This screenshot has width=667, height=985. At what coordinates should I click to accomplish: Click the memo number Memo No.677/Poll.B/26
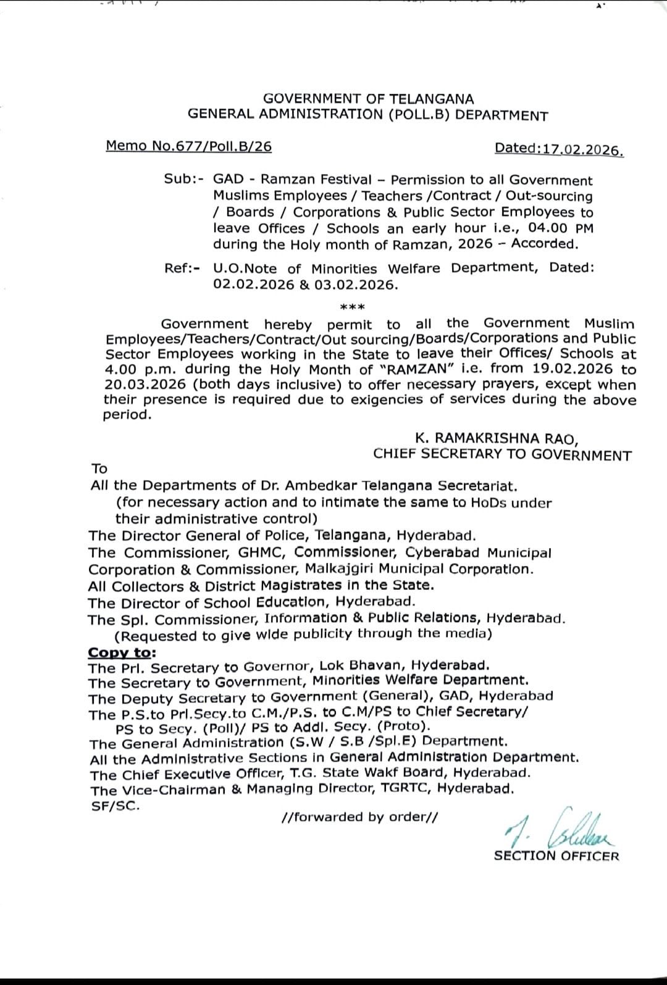click(x=188, y=146)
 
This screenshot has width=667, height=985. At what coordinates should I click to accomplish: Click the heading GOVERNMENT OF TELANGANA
click(x=369, y=99)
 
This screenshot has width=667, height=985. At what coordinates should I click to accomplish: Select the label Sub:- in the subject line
click(x=183, y=179)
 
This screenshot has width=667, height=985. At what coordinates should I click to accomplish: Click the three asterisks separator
click(x=353, y=307)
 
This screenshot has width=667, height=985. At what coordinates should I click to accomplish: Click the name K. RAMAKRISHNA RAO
click(x=497, y=439)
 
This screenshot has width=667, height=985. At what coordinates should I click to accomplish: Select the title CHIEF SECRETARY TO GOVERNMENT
click(x=502, y=455)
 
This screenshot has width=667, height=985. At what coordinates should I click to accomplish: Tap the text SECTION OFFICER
click(x=556, y=856)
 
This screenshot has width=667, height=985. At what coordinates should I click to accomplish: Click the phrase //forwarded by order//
click(x=359, y=817)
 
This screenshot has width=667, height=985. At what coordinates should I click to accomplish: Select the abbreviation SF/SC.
click(x=115, y=806)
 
